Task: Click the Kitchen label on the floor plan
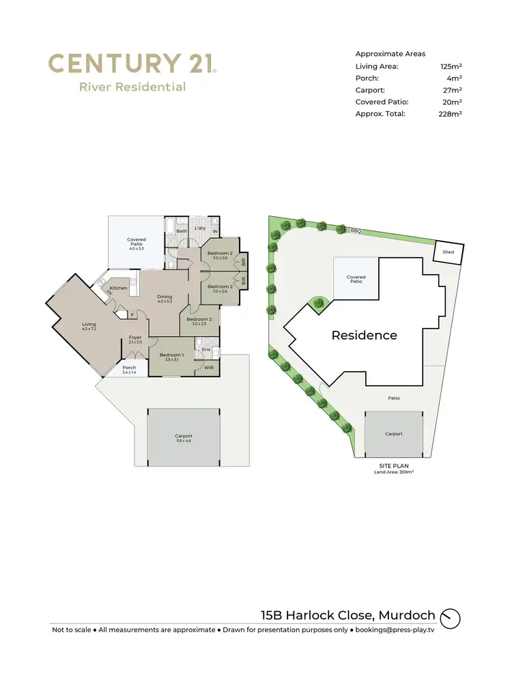tap(119, 288)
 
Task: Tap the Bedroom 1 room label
tap(171, 355)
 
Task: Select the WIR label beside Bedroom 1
tap(209, 368)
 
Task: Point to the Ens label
tap(205, 350)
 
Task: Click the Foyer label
tap(135, 337)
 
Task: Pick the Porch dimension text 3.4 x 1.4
tap(129, 373)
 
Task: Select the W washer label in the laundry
tap(215, 231)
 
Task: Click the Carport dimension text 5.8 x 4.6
tap(184, 441)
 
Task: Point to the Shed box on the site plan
tap(449, 252)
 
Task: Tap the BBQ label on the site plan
tap(355, 231)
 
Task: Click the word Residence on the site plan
tap(364, 335)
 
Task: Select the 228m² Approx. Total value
tap(451, 114)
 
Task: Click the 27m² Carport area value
tap(451, 90)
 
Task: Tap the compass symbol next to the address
tap(451, 619)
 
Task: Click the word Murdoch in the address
tap(406, 616)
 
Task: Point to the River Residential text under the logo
tap(132, 87)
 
